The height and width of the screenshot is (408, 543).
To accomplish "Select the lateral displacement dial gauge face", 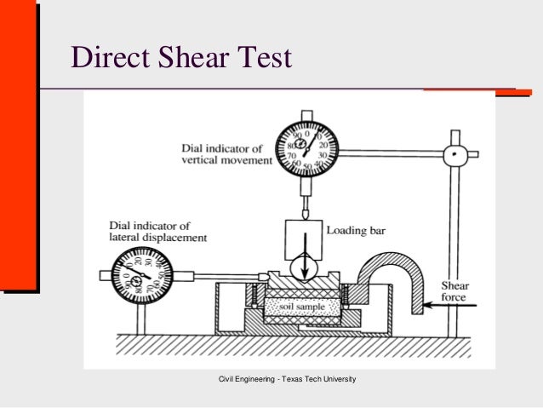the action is tap(139, 274).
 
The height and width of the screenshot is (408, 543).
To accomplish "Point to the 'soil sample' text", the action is tap(300, 305).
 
